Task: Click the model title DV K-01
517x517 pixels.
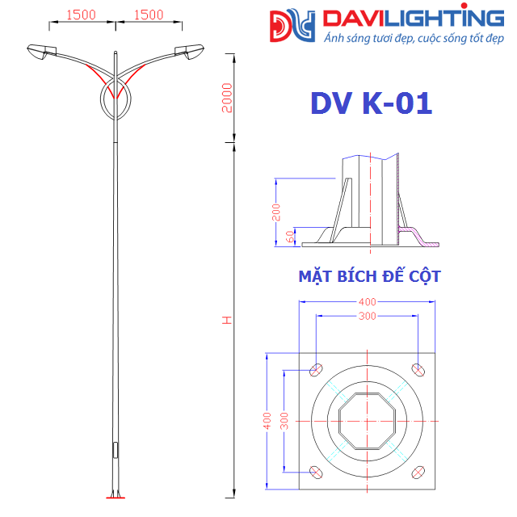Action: (x=371, y=103)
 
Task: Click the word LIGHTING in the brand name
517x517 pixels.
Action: (x=449, y=18)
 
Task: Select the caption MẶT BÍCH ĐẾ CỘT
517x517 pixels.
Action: (x=369, y=277)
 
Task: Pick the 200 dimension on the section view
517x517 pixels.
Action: (x=275, y=212)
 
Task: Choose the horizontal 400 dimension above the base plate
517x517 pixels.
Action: (x=368, y=301)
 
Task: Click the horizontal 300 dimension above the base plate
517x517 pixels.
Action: (x=368, y=317)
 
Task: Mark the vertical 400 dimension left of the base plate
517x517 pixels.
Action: (x=266, y=421)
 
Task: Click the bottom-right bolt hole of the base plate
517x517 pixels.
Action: (x=418, y=472)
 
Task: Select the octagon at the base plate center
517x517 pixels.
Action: (x=368, y=421)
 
